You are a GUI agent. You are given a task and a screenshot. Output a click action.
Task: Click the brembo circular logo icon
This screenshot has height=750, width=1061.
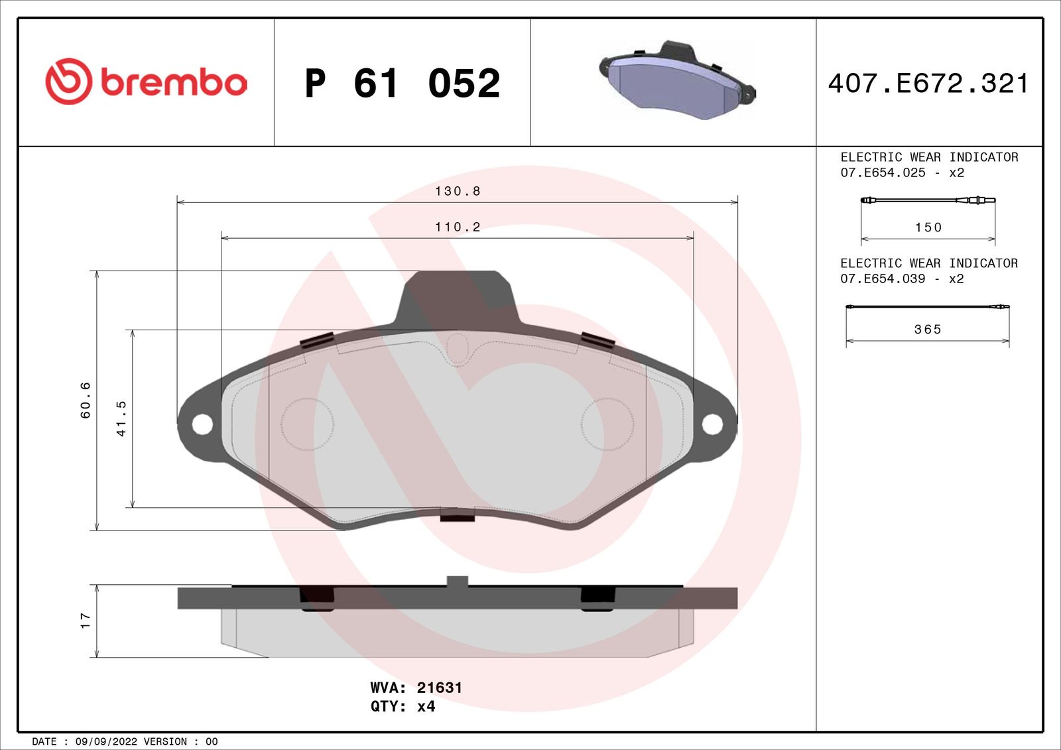pyautogui.click(x=68, y=82)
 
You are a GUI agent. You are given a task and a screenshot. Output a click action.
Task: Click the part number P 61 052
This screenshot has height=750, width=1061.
pyautogui.click(x=402, y=84)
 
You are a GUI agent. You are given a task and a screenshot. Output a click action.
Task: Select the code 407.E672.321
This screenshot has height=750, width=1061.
pyautogui.click(x=928, y=84)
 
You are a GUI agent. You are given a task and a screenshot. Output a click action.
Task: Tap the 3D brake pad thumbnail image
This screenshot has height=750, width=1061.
pyautogui.click(x=676, y=82)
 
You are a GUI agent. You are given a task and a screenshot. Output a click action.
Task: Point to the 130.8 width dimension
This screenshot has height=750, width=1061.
pyautogui.click(x=457, y=191)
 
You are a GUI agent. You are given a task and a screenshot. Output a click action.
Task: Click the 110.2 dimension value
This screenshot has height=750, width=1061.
pyautogui.click(x=457, y=227)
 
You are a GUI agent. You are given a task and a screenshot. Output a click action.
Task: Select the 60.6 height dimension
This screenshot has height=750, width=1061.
pyautogui.click(x=86, y=401)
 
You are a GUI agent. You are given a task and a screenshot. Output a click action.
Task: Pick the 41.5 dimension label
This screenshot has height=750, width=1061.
pyautogui.click(x=121, y=418)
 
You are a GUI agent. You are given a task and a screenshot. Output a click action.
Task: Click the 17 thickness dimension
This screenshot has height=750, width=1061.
pyautogui.click(x=85, y=621)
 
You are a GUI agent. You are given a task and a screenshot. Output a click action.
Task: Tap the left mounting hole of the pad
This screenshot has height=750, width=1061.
pyautogui.click(x=202, y=424)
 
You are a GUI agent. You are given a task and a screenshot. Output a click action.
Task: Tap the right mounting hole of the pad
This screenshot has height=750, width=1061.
pyautogui.click(x=712, y=424)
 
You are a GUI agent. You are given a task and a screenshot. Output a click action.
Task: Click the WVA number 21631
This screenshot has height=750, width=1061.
pyautogui.click(x=439, y=688)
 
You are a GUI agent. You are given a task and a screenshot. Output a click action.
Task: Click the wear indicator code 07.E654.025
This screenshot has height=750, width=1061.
pyautogui.click(x=883, y=172)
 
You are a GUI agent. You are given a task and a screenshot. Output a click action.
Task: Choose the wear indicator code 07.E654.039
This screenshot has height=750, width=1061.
pyautogui.click(x=883, y=279)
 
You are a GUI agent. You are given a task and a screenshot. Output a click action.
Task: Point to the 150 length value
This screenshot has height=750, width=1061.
pyautogui.click(x=928, y=227)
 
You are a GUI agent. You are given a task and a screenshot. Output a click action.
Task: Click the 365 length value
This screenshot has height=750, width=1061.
pyautogui.click(x=928, y=330)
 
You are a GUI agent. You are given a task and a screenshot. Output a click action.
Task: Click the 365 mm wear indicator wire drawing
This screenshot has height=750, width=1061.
pyautogui.click(x=927, y=307)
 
